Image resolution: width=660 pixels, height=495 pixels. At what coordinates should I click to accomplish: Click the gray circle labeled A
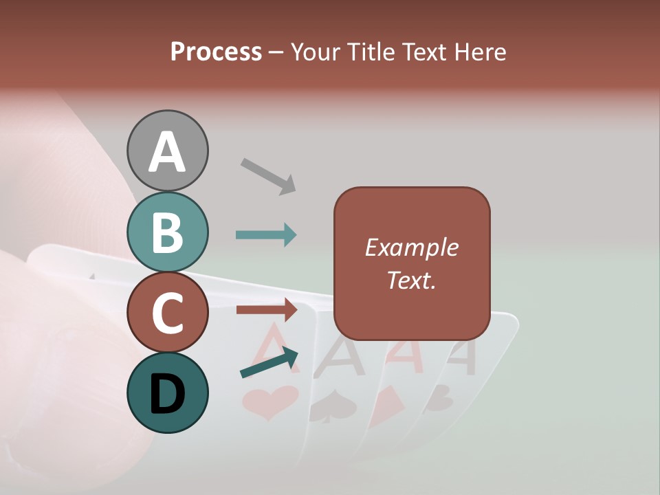[168, 151]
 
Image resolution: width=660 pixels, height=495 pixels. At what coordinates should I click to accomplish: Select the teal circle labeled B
[168, 232]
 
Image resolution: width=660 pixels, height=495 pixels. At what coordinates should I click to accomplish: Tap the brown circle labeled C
[168, 312]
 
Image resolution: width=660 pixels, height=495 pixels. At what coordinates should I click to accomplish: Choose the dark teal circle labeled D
[168, 393]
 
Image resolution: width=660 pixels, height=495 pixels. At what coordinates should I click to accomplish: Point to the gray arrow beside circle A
[269, 176]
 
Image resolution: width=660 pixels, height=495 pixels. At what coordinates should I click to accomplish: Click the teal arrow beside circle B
[266, 235]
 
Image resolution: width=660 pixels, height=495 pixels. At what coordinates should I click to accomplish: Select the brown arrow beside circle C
[267, 310]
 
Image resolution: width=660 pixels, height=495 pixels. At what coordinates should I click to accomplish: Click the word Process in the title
[216, 52]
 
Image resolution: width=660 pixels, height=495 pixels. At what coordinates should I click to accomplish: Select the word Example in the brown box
[411, 247]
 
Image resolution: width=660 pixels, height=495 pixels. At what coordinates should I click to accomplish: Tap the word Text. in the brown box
[411, 280]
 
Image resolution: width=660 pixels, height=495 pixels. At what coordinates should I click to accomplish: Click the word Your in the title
[313, 52]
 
